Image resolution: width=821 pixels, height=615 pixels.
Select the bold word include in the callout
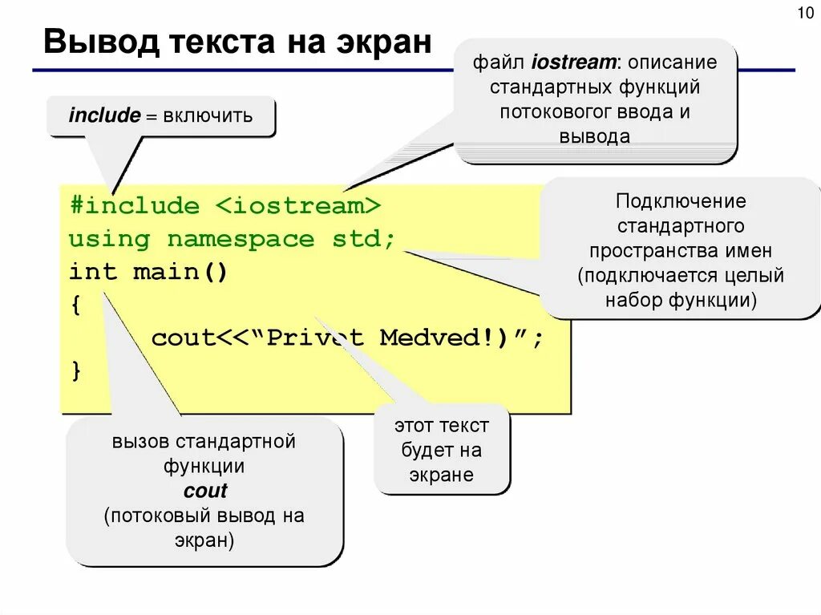click(104, 116)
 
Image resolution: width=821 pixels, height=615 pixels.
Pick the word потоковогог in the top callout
click(553, 111)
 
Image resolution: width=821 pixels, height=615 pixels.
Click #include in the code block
click(134, 206)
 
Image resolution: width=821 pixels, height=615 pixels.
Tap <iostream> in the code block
click(297, 206)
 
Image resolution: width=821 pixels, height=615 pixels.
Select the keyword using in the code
click(109, 239)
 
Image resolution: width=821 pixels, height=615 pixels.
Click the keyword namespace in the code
click(241, 239)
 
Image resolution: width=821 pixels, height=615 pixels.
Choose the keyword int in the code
click(93, 272)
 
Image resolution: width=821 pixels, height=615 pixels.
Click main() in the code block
click(180, 272)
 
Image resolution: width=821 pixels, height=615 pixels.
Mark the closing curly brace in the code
click(76, 370)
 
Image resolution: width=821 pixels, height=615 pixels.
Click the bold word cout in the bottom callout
click(205, 491)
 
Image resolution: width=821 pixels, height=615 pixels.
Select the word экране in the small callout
click(442, 475)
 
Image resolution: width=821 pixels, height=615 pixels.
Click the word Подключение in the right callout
click(680, 200)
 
